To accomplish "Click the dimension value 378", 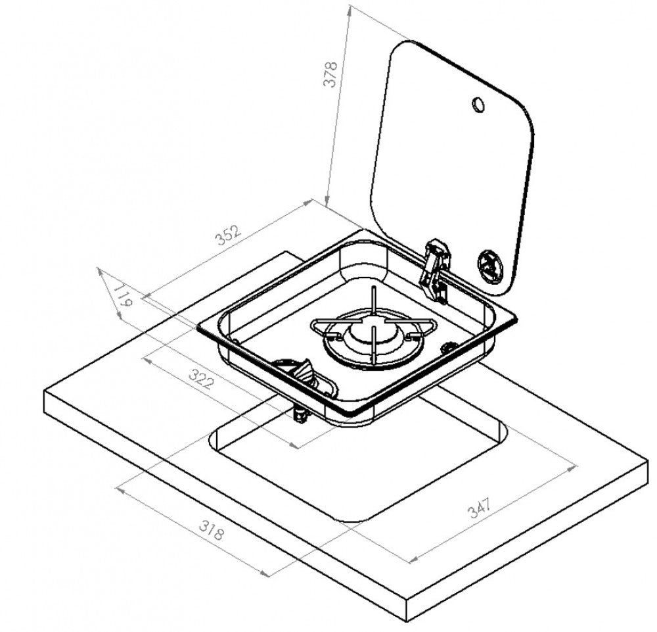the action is (x=330, y=74).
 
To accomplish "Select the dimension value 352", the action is (x=229, y=235).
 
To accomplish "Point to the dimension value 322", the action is (x=202, y=379).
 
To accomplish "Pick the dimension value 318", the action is (x=212, y=530).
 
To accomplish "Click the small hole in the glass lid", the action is (x=478, y=105).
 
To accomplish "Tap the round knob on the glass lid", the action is (x=490, y=265).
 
